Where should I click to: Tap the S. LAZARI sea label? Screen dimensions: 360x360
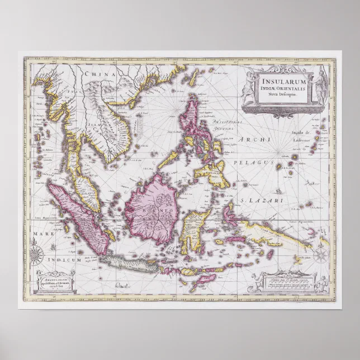257,199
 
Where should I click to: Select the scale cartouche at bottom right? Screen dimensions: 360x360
290,282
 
